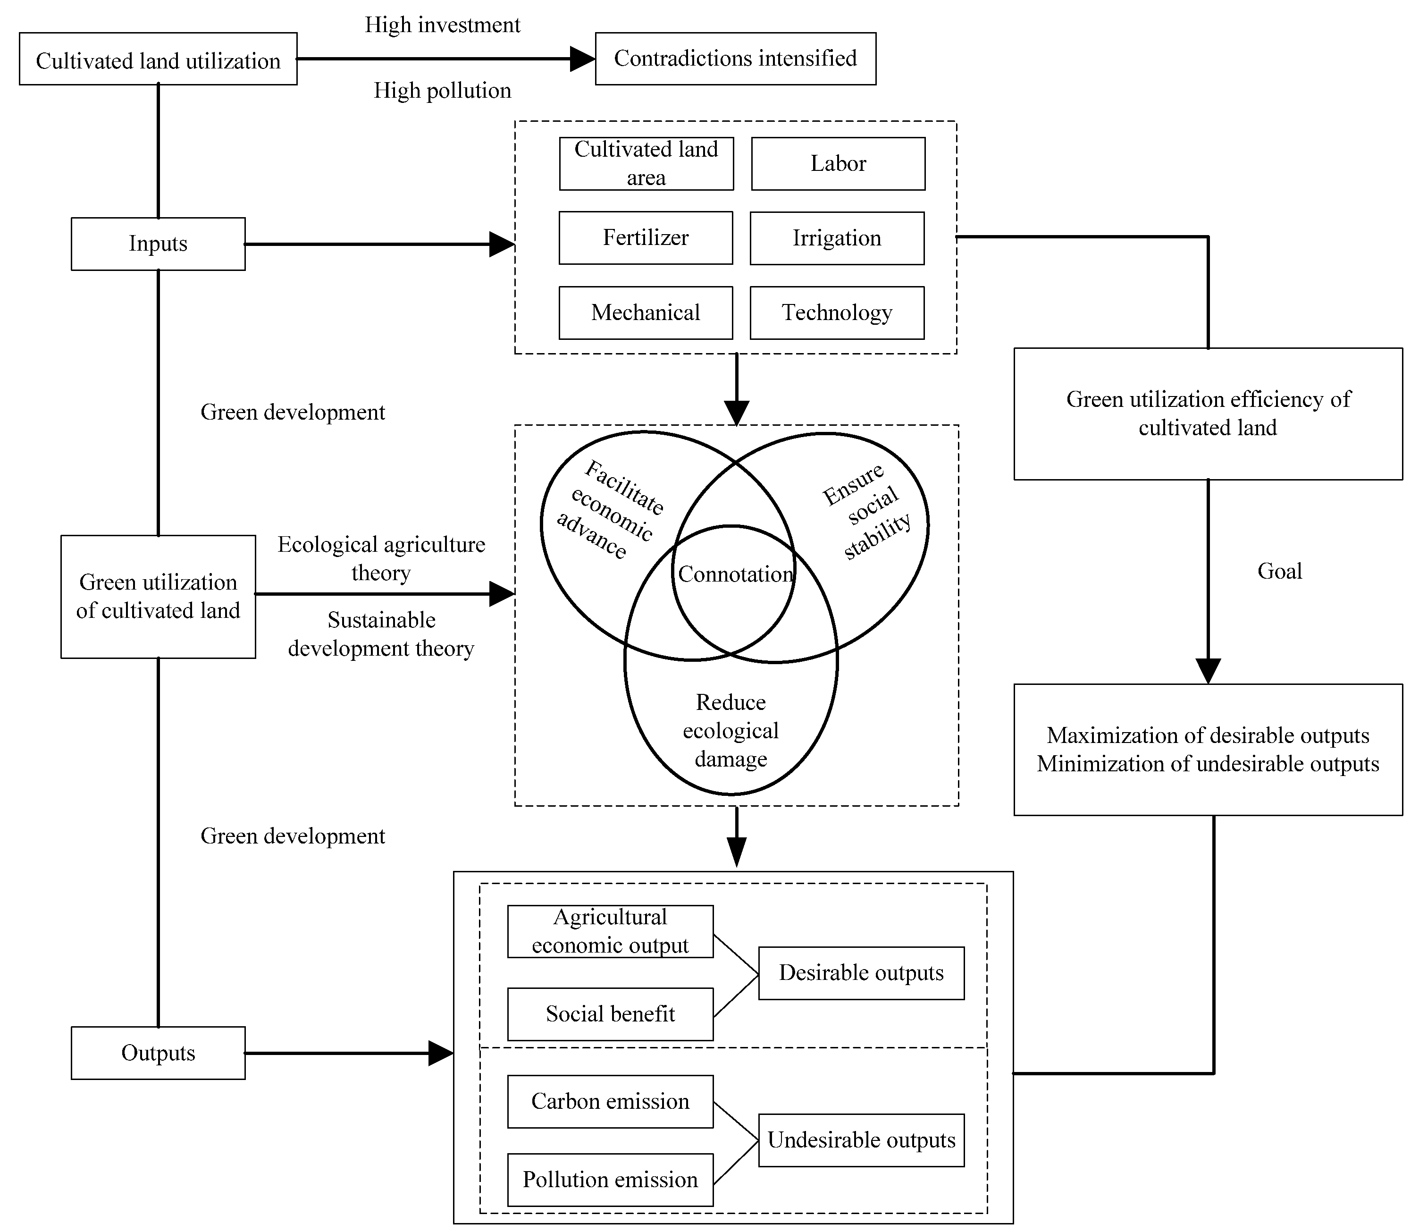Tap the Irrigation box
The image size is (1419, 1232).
pyautogui.click(x=837, y=238)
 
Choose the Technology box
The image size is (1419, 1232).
pyautogui.click(x=837, y=313)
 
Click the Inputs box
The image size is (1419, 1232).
pyautogui.click(x=158, y=244)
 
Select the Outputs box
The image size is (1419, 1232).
pyautogui.click(x=158, y=1053)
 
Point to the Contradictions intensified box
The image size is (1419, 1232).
pyautogui.click(x=735, y=59)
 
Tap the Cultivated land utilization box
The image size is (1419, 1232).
pyautogui.click(x=158, y=60)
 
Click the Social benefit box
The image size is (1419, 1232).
pyautogui.click(x=610, y=1014)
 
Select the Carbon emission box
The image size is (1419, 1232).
pyautogui.click(x=610, y=1101)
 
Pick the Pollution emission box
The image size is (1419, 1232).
pyautogui.click(x=610, y=1180)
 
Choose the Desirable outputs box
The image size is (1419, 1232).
pyautogui.click(x=861, y=973)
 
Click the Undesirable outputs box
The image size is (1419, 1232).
pyautogui.click(x=861, y=1140)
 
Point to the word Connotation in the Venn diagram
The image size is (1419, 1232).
pyautogui.click(x=735, y=574)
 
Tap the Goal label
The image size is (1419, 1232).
pyautogui.click(x=1279, y=571)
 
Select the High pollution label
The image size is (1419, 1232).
pyautogui.click(x=443, y=91)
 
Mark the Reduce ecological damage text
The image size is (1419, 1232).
pyautogui.click(x=730, y=731)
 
